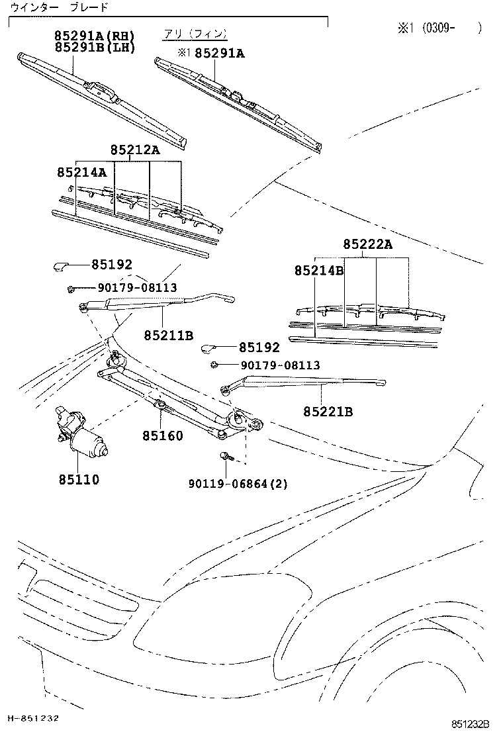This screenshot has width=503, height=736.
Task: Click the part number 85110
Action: [x=77, y=479]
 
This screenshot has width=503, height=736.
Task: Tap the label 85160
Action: [x=162, y=436]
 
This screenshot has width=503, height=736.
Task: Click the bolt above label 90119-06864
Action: [x=224, y=456]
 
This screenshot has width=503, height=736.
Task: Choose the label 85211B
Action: [x=169, y=336]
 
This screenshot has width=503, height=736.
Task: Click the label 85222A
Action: [x=367, y=245]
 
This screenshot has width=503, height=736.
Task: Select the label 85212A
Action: [x=135, y=150]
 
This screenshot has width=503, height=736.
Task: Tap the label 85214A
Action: [x=81, y=172]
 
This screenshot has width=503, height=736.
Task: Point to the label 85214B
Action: [x=319, y=270]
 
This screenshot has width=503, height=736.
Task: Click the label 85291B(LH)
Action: [x=95, y=47]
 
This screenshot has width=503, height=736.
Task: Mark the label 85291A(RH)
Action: [x=95, y=36]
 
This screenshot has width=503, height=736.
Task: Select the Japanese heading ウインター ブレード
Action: [x=60, y=7]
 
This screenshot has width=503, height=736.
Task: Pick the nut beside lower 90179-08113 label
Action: [x=216, y=365]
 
